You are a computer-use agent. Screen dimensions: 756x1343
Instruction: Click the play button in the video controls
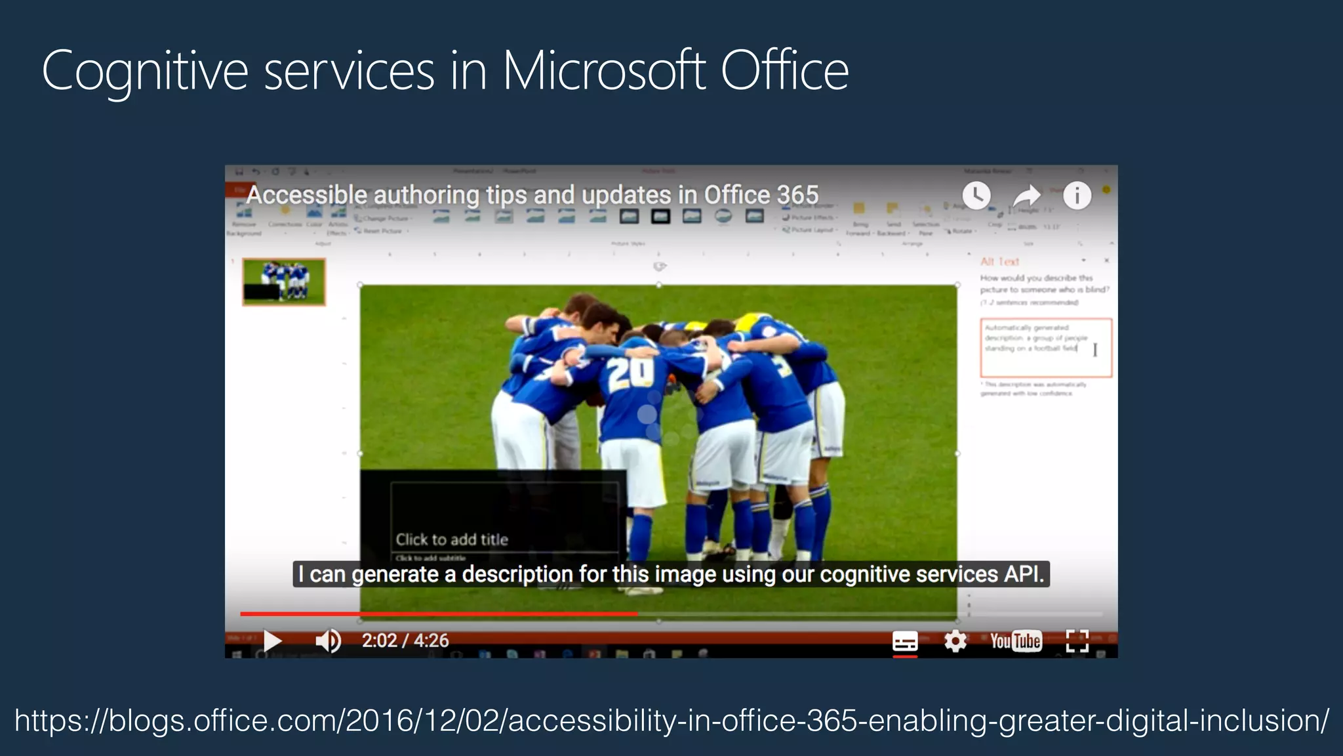tap(272, 640)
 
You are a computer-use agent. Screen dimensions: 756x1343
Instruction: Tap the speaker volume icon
tap(328, 640)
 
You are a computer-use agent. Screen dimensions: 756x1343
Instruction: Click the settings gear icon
tap(955, 640)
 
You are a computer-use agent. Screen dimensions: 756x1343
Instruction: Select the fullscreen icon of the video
tap(1077, 640)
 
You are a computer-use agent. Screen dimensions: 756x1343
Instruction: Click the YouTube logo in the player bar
tap(1016, 640)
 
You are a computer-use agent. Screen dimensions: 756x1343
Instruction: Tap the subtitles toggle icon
tap(905, 640)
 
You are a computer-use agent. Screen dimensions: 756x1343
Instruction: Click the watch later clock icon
tap(976, 196)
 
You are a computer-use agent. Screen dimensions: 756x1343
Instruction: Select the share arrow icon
tap(1026, 196)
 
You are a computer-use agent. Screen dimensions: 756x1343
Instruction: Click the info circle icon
tap(1077, 196)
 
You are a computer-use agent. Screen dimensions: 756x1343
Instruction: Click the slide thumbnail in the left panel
tap(284, 282)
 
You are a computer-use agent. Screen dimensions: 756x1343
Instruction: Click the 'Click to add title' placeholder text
tap(452, 539)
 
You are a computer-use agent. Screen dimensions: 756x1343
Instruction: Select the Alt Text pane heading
tap(999, 261)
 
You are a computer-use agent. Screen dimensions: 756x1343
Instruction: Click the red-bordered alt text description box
tap(1046, 348)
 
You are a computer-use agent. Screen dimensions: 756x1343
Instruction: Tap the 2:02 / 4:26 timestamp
tap(405, 640)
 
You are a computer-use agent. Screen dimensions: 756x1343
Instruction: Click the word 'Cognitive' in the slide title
tap(145, 71)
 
